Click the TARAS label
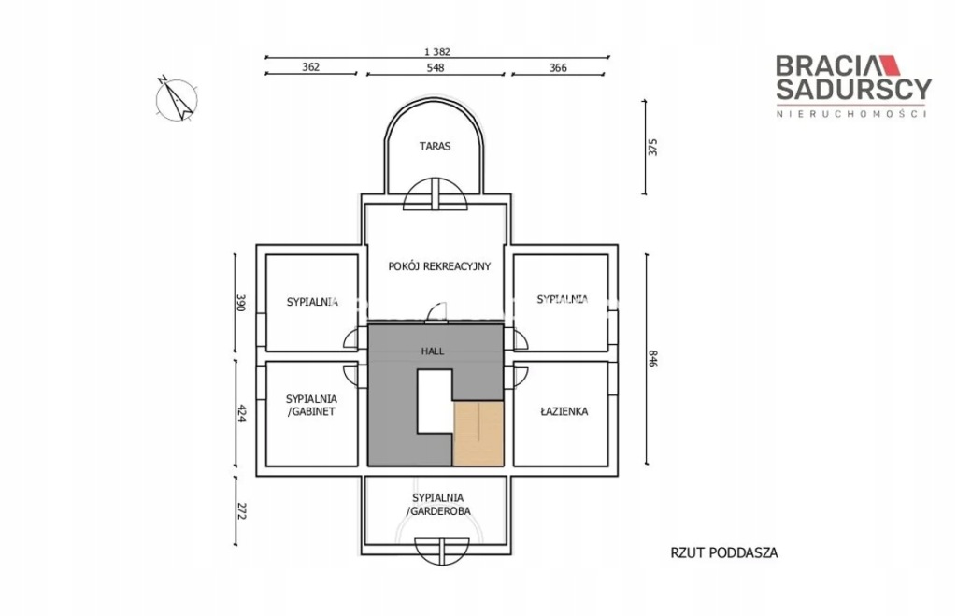435,146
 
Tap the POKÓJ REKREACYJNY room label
439,266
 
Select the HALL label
433,351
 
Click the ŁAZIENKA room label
564,411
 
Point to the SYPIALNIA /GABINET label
311,405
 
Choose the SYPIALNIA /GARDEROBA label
437,504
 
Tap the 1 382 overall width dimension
437,52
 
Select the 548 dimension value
436,67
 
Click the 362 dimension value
310,67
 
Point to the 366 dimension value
558,67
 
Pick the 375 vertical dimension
653,147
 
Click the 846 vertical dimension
652,358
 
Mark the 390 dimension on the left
240,303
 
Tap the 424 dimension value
240,413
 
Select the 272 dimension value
240,511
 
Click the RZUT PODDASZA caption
724,553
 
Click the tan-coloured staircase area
478,434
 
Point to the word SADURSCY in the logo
854,89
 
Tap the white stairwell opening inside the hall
435,402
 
